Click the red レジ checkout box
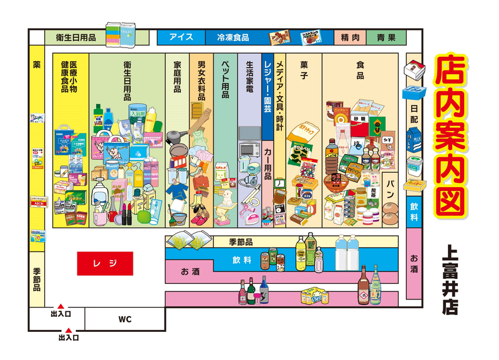[x=105, y=263]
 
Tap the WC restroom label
[x=125, y=319]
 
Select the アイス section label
[x=181, y=37]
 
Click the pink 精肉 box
[x=350, y=37]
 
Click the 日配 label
[x=414, y=113]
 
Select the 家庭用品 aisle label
[x=177, y=77]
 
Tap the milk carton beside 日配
[x=414, y=139]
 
